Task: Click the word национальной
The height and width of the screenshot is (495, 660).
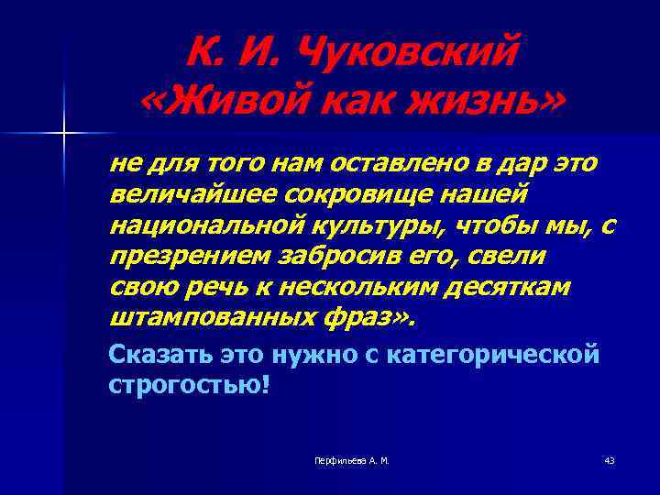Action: [200, 225]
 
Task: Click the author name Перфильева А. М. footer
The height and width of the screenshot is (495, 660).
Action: [352, 460]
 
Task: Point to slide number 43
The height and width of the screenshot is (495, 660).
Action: [610, 460]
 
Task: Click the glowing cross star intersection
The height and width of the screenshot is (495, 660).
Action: [64, 133]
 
